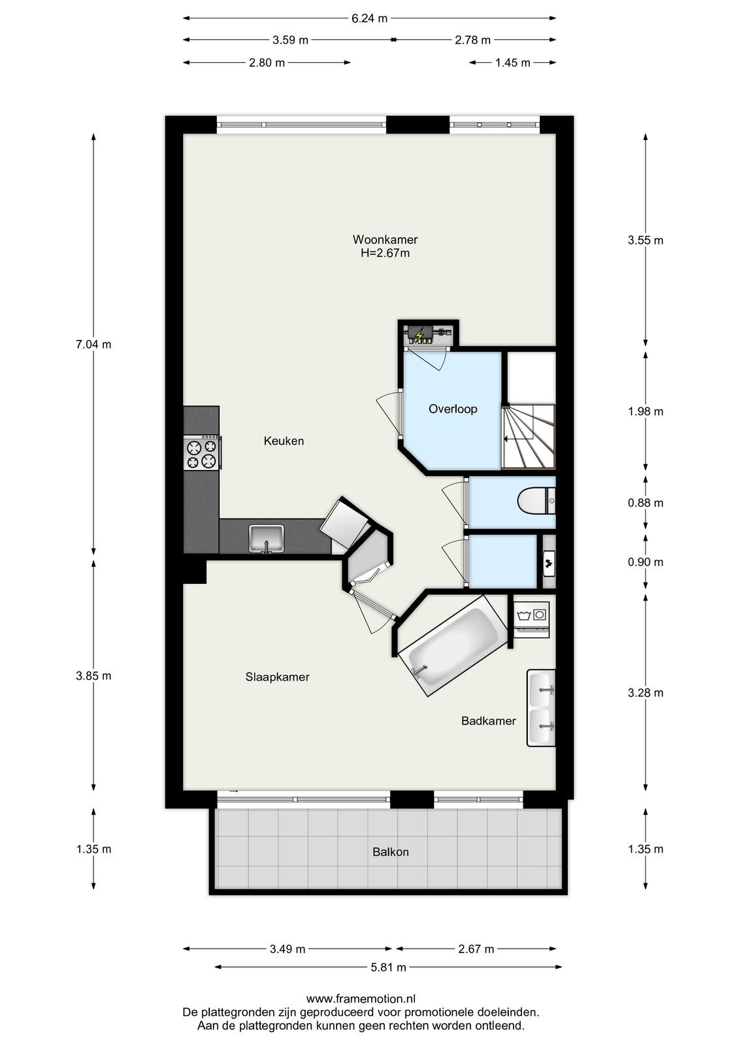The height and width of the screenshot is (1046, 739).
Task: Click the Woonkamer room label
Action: click(385, 239)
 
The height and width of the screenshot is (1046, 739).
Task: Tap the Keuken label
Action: click(284, 441)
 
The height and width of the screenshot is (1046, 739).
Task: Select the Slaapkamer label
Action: click(277, 677)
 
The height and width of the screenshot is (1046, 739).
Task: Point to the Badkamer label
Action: click(488, 721)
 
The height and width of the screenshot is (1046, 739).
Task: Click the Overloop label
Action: click(453, 409)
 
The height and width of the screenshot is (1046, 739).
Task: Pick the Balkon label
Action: click(390, 852)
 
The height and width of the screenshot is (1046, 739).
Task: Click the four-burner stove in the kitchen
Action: click(202, 452)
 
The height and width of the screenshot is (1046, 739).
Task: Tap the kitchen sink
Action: click(266, 539)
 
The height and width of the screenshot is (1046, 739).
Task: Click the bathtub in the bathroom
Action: click(453, 645)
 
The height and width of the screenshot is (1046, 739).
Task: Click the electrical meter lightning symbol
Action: click(419, 335)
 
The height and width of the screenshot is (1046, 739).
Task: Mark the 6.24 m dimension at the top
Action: click(369, 19)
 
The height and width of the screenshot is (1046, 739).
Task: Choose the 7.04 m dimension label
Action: click(93, 345)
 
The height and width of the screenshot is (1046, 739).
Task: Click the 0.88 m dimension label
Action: click(645, 503)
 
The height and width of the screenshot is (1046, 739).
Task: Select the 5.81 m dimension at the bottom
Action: click(388, 967)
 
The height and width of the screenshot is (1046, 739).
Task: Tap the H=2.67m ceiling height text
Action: click(385, 254)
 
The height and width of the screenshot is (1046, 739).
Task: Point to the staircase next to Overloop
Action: click(529, 437)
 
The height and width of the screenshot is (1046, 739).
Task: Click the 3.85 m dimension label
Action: click(93, 676)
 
